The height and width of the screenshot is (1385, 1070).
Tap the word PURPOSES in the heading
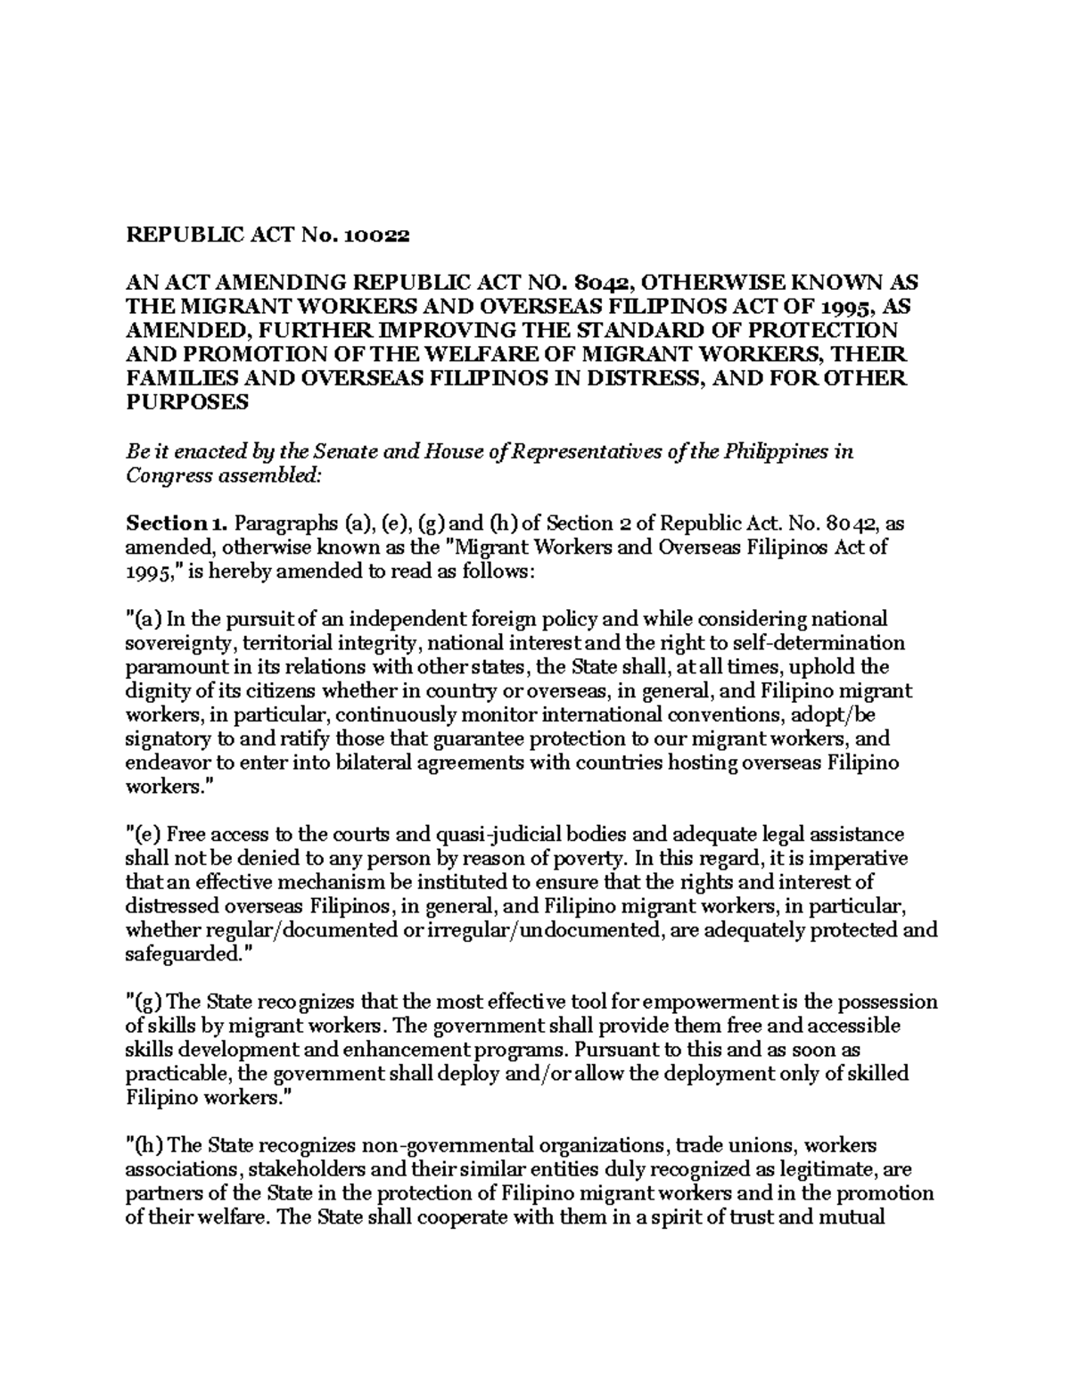tap(185, 402)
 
